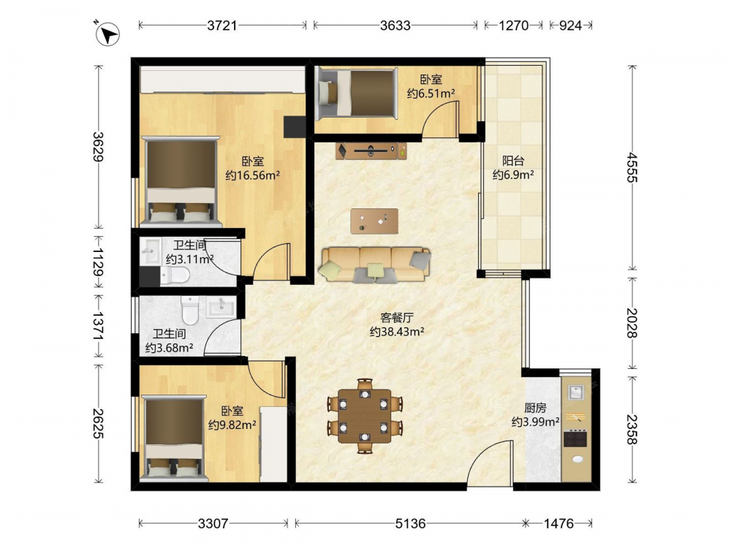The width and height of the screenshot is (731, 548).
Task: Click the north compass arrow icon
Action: click(x=107, y=34)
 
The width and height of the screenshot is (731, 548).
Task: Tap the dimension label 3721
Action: click(x=222, y=25)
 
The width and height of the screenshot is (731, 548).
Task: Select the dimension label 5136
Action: click(x=410, y=524)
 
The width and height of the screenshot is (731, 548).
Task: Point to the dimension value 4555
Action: click(x=632, y=167)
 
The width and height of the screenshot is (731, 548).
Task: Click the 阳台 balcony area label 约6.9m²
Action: click(x=513, y=175)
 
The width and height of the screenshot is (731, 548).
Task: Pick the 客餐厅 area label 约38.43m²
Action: click(x=397, y=332)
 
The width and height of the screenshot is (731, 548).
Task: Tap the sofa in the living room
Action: click(x=375, y=265)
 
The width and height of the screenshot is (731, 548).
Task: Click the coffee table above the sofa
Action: click(x=374, y=221)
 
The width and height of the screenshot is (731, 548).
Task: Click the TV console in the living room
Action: click(x=371, y=151)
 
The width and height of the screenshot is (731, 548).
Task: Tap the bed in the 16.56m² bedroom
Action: click(x=181, y=180)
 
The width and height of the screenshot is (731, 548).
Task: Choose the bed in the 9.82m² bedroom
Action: click(x=174, y=437)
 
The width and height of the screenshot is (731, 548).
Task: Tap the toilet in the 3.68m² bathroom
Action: click(x=190, y=311)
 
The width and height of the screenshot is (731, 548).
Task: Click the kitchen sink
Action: click(x=576, y=392)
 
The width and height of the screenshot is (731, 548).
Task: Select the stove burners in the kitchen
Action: click(x=576, y=439)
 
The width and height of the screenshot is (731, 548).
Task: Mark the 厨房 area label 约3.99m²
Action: click(x=535, y=422)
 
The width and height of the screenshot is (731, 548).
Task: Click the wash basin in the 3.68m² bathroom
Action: click(x=221, y=307)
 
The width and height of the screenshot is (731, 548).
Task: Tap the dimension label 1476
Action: click(x=558, y=524)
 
